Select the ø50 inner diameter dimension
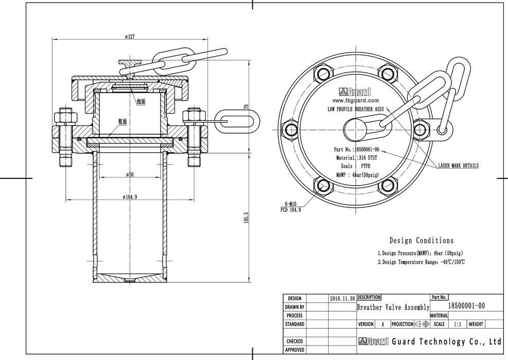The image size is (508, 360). [x=129, y=175]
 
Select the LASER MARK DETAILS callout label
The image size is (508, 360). [x=458, y=166]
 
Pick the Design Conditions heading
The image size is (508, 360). [x=422, y=240]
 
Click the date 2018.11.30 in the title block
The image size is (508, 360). [x=342, y=298]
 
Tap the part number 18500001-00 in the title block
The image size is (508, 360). [x=466, y=306]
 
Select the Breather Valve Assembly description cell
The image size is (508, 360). [x=393, y=307]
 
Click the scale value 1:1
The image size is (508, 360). [x=458, y=325]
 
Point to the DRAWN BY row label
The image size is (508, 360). [x=294, y=307]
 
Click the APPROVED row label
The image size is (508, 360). [x=294, y=350]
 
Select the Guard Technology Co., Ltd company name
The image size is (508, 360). [x=446, y=341]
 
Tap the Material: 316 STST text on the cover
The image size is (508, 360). [x=357, y=158]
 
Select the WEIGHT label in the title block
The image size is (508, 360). [x=476, y=325]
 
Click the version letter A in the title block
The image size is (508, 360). [x=382, y=325]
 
